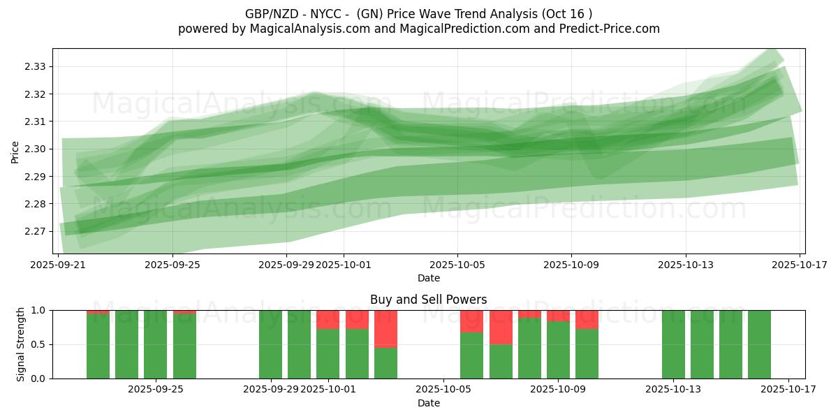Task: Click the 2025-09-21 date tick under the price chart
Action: pyautogui.click(x=58, y=265)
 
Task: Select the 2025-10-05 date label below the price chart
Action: pyautogui.click(x=457, y=265)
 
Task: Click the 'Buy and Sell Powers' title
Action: pyautogui.click(x=428, y=300)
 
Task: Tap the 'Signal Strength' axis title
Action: pyautogui.click(x=21, y=344)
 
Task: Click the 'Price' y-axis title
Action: pyautogui.click(x=15, y=152)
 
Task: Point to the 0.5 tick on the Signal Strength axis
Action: pyautogui.click(x=39, y=344)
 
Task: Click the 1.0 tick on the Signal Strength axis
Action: pyautogui.click(x=39, y=310)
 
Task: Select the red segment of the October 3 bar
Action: pyautogui.click(x=385, y=328)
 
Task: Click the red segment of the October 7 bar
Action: pyautogui.click(x=501, y=327)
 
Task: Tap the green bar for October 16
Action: pyautogui.click(x=759, y=344)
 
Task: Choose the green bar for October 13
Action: pyautogui.click(x=673, y=344)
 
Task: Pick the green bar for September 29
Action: pyautogui.click(x=270, y=344)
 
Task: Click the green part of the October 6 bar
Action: pyautogui.click(x=471, y=355)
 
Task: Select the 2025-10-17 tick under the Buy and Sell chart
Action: pyautogui.click(x=788, y=389)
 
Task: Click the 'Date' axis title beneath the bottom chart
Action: pyautogui.click(x=428, y=403)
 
